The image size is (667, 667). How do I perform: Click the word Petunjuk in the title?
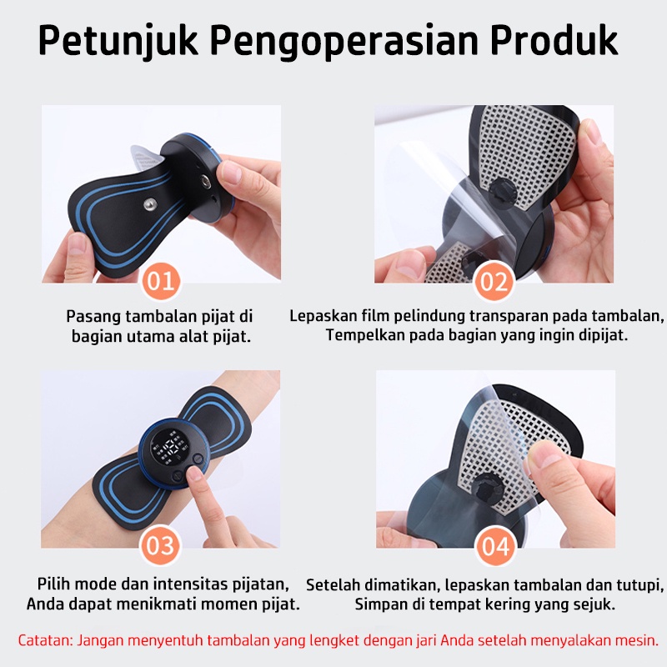(118, 40)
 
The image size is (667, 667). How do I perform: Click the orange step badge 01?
(161, 281)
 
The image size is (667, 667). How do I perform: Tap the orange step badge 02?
(494, 281)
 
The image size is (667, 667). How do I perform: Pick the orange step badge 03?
(160, 545)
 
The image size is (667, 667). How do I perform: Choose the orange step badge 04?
(495, 546)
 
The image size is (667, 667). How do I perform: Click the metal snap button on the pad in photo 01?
(150, 204)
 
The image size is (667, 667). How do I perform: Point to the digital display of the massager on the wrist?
(170, 452)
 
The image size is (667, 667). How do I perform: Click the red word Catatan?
(45, 640)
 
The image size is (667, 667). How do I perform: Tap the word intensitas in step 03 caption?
(192, 584)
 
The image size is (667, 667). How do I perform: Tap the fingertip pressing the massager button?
(195, 473)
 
